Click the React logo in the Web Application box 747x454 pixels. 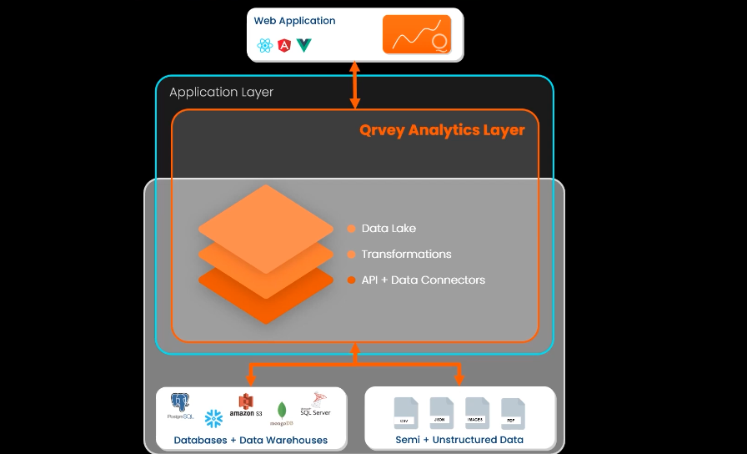point(265,46)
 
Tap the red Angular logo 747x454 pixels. point(285,46)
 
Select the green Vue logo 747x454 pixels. point(304,46)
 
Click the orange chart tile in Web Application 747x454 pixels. point(417,35)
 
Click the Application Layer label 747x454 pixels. point(221,93)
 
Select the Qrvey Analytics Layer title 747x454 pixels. point(442,130)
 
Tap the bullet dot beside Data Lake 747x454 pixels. point(351,229)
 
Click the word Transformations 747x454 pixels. point(406,255)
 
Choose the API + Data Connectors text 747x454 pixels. point(423,280)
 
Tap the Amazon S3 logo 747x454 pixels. point(245,406)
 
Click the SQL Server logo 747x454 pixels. point(316,404)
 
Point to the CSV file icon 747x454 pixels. point(405,412)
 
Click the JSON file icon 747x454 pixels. point(441,412)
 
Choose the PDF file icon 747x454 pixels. point(512,412)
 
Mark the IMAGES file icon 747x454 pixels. point(477,412)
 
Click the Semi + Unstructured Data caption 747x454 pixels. point(459,440)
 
